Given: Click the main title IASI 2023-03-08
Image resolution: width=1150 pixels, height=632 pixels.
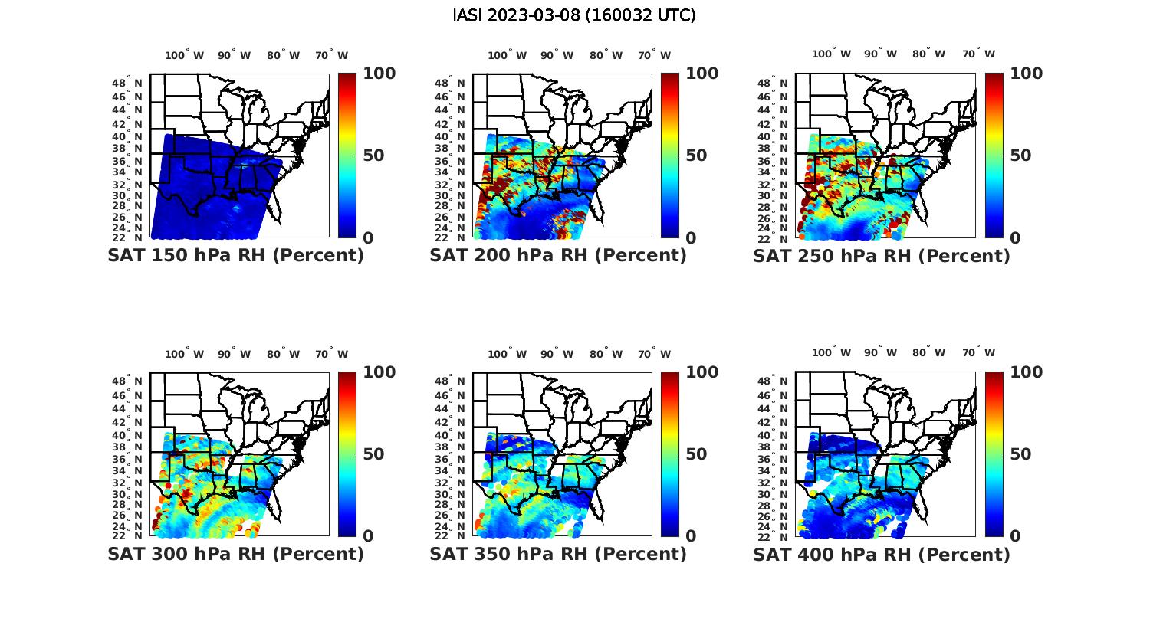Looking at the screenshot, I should (x=574, y=15).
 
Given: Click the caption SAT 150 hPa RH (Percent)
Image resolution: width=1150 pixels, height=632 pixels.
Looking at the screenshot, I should (x=235, y=255).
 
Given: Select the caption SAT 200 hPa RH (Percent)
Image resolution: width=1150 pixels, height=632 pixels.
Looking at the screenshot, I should (x=558, y=255).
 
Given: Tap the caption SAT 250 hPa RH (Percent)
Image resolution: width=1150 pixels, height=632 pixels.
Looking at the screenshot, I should (x=882, y=255).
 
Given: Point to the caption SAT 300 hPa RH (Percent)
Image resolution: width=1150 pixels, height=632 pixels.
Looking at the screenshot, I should (x=235, y=553).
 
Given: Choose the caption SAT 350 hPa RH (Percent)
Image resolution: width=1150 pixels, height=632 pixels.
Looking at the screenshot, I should (x=558, y=553).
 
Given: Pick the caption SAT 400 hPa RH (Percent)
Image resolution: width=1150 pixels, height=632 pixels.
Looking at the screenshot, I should (x=882, y=553).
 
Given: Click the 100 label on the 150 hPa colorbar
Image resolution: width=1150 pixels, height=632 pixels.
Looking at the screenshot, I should (x=379, y=74).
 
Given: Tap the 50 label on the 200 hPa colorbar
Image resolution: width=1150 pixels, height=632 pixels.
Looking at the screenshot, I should (x=696, y=156).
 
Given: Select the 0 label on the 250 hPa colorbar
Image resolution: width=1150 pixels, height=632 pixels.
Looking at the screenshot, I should (x=1015, y=238).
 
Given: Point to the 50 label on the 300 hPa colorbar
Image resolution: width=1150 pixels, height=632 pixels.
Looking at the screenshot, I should (x=373, y=454).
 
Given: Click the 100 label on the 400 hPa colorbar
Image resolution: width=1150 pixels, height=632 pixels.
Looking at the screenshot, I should (x=1026, y=372).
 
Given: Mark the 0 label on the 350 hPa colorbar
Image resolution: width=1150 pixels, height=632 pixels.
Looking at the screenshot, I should (x=691, y=536).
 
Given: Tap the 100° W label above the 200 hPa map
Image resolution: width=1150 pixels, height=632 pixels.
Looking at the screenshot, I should (x=507, y=55).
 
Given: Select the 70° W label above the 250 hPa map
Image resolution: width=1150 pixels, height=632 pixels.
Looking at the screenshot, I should (x=978, y=54).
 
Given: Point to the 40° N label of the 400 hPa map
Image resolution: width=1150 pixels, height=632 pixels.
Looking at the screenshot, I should (x=774, y=435).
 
